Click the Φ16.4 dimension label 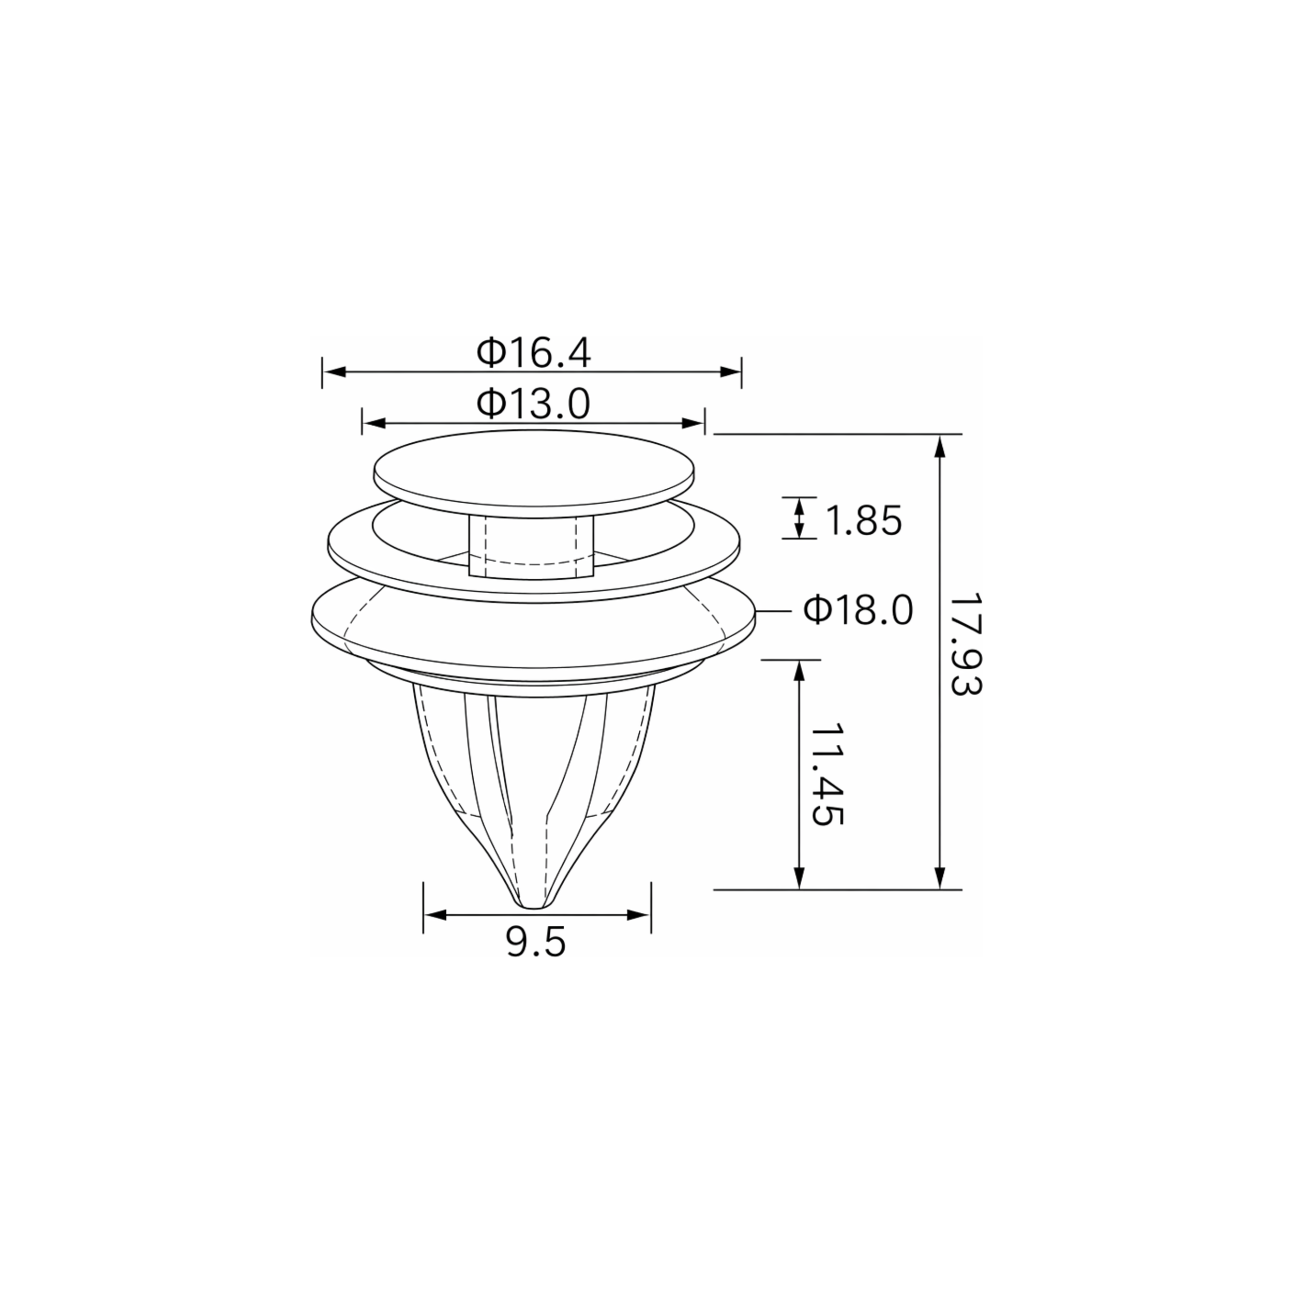click(533, 353)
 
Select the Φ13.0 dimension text click(533, 404)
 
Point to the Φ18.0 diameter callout click(859, 610)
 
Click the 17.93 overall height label click(966, 644)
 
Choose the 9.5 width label click(536, 943)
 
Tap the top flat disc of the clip click(533, 468)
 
